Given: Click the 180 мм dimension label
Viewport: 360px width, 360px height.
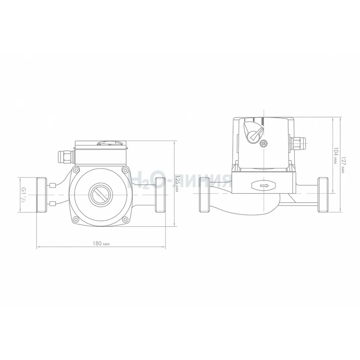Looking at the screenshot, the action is click(x=101, y=244).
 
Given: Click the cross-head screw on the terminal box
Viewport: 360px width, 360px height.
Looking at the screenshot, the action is click(x=263, y=143).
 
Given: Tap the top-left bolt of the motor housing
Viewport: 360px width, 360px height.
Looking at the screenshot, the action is click(x=76, y=170).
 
